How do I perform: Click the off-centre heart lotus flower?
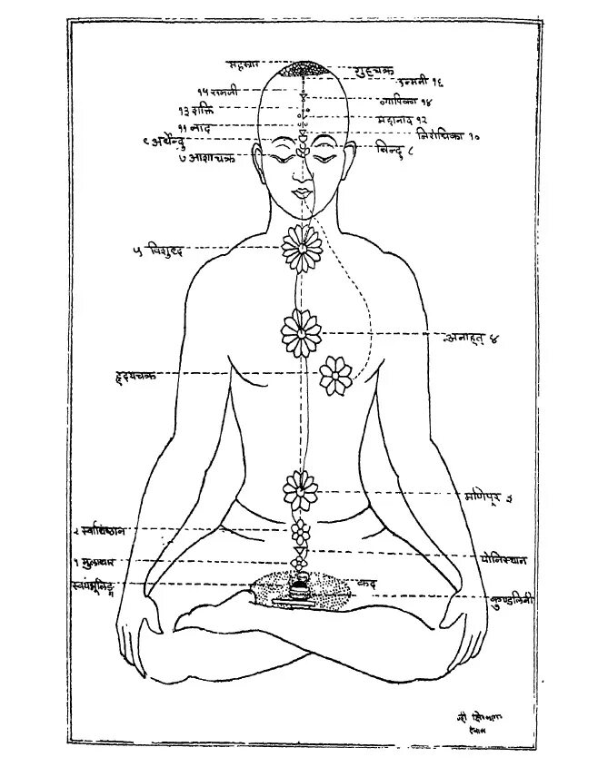point(337,373)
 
